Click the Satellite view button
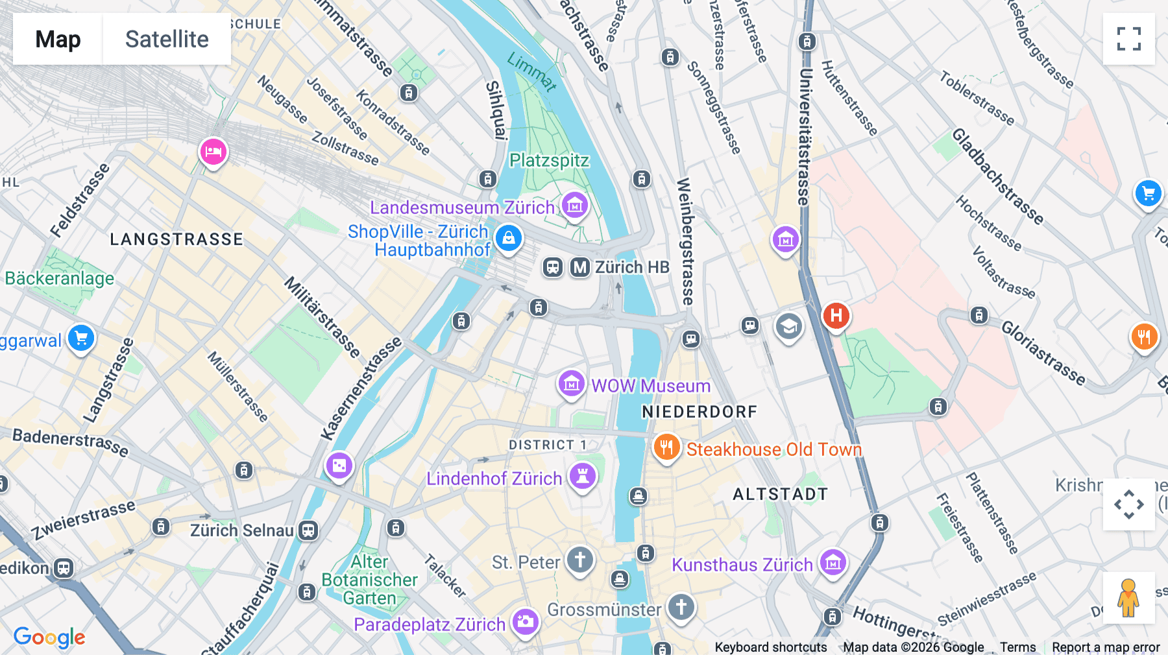pos(167,39)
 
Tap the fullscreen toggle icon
pos(1128,39)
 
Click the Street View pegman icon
pos(1128,598)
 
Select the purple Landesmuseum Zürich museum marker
pos(574,206)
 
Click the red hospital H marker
pos(836,316)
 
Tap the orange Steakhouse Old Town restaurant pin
pos(666,447)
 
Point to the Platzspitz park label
pos(549,160)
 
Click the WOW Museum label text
pos(651,386)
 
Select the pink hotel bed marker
pos(213,152)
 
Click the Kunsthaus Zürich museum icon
pos(833,563)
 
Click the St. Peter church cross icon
pos(579,559)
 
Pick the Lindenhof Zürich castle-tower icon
pos(583,477)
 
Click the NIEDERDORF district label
pos(700,412)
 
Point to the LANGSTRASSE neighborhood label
pos(176,239)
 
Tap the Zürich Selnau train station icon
pos(308,530)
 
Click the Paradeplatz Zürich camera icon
pos(526,622)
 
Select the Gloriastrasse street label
pos(1043,353)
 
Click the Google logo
pos(49,637)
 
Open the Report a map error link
pos(1106,647)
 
